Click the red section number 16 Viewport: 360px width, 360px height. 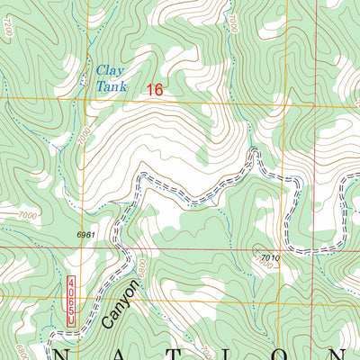click(155, 89)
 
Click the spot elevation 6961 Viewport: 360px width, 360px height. click(86, 234)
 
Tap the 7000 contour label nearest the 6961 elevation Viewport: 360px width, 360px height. click(29, 216)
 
